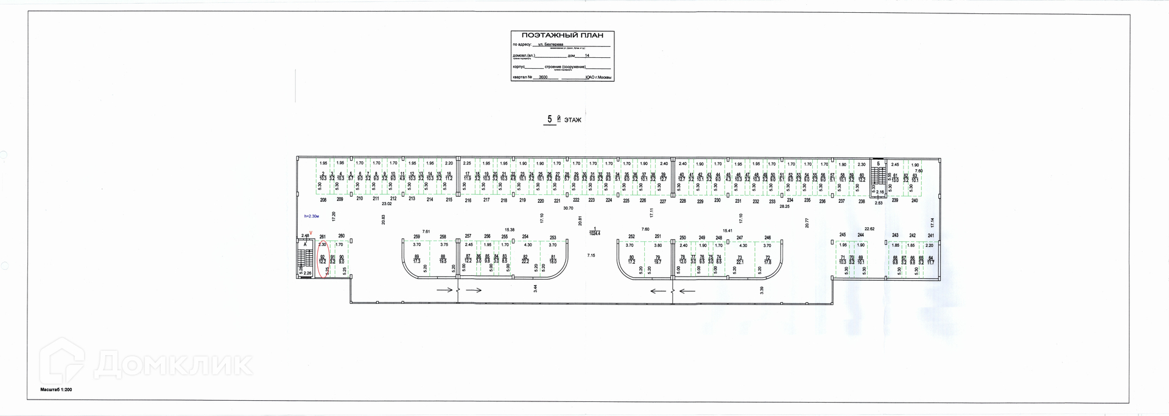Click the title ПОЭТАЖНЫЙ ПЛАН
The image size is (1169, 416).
561,35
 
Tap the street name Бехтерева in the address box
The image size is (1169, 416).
546,45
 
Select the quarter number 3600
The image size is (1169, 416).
543,78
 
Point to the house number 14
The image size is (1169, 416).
587,55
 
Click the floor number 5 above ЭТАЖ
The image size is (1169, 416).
549,119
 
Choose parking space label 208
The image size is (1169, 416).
323,199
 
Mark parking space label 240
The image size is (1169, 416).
914,200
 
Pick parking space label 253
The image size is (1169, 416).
553,238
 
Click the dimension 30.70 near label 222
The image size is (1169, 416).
568,208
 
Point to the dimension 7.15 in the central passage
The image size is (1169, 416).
591,255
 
